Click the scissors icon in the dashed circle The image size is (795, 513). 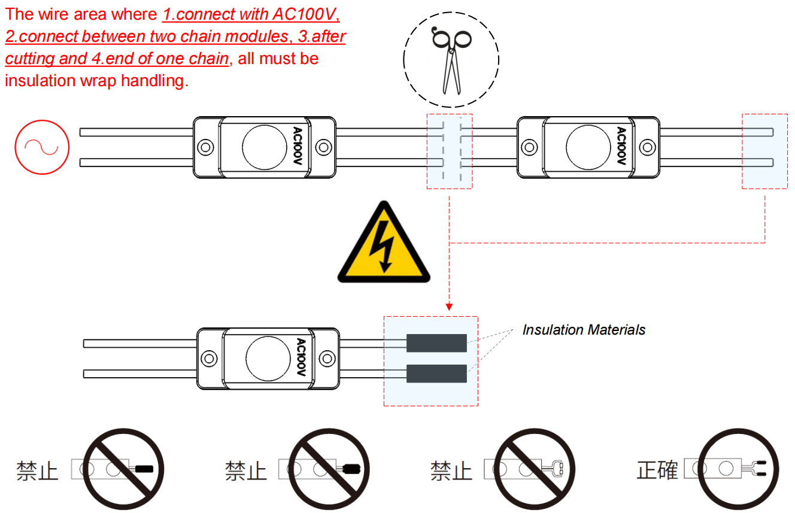click(451, 60)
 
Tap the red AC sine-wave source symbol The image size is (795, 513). click(42, 147)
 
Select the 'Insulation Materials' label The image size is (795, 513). click(584, 330)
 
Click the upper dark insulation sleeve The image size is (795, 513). click(436, 343)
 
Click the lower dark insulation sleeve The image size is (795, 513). click(436, 374)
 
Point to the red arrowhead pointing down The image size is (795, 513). click(449, 306)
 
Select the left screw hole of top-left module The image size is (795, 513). click(206, 147)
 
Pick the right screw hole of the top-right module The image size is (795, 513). click(647, 147)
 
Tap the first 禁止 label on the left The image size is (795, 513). click(37, 470)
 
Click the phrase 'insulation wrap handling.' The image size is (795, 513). click(96, 81)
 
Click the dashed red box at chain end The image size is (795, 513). click(764, 151)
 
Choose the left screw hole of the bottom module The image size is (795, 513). click(209, 358)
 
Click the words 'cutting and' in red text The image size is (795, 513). click(41, 59)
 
